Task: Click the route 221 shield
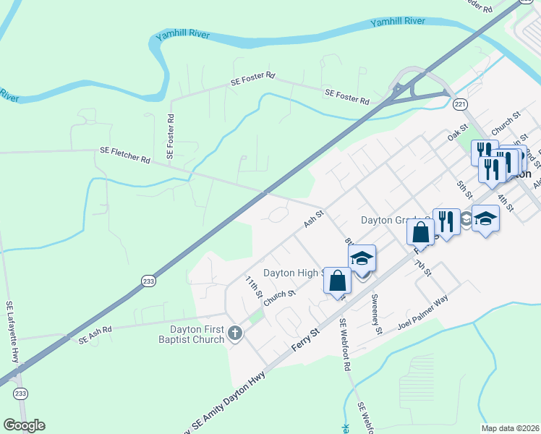pyautogui.click(x=460, y=105)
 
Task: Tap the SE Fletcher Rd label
pyautogui.click(x=124, y=156)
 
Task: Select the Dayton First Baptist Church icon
pyautogui.click(x=234, y=333)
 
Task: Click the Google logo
pyautogui.click(x=24, y=425)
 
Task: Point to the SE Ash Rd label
pyautogui.click(x=96, y=333)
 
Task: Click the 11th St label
pyautogui.click(x=252, y=286)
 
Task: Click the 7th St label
pyautogui.click(x=422, y=268)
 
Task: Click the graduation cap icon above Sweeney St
pyautogui.click(x=362, y=257)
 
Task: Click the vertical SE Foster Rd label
pyautogui.click(x=171, y=136)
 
